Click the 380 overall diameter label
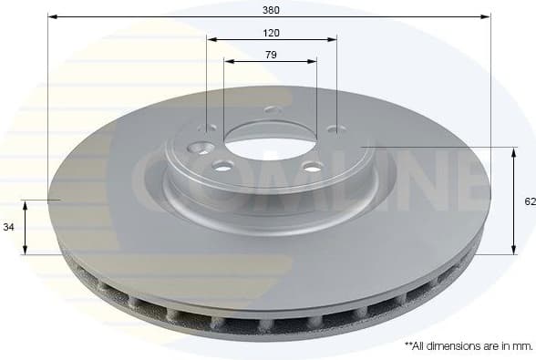tap(271, 10)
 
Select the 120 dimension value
tap(271, 33)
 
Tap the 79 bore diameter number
tap(271, 55)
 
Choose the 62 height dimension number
tap(529, 201)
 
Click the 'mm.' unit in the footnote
tap(522, 346)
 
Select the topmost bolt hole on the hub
tap(270, 109)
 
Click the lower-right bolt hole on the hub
tap(312, 166)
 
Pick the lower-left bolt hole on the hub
tap(222, 166)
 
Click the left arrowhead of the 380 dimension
tap(52, 16)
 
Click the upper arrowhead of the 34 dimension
tap(26, 204)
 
